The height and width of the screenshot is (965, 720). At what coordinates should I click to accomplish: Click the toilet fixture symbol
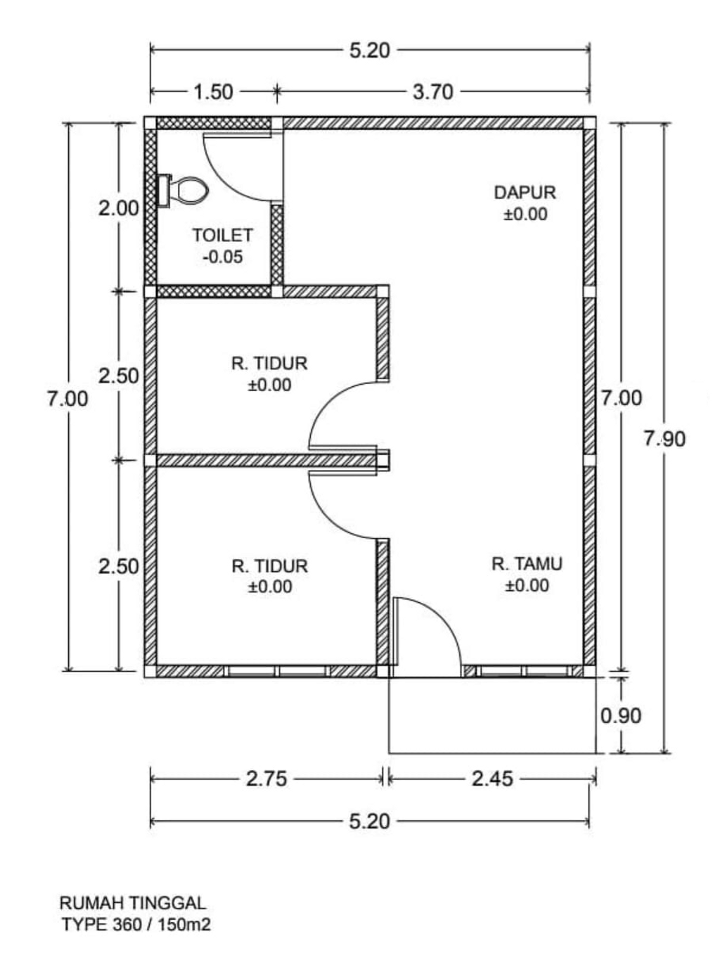tap(184, 190)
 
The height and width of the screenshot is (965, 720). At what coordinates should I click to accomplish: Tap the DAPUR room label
tap(525, 192)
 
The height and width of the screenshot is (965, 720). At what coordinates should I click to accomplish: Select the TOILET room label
tap(222, 235)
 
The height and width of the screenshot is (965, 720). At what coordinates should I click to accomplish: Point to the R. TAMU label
tap(527, 563)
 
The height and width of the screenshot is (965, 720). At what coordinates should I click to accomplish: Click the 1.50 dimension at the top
tap(212, 91)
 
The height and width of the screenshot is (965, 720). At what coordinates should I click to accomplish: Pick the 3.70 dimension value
tap(432, 91)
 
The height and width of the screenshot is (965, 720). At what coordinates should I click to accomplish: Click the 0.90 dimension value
tap(621, 715)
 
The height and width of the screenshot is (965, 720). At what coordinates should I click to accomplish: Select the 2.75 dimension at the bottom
tap(266, 779)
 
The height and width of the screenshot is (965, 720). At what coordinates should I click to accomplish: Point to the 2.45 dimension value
tap(492, 779)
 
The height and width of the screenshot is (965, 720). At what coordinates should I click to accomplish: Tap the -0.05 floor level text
tap(222, 257)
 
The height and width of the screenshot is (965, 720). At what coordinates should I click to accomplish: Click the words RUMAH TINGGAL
tap(132, 902)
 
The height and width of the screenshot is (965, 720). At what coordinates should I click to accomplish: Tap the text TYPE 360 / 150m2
tap(136, 924)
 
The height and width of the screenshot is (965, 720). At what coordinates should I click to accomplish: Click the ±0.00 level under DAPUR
tap(525, 214)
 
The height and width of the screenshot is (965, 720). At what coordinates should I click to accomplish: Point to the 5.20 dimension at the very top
tap(369, 51)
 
